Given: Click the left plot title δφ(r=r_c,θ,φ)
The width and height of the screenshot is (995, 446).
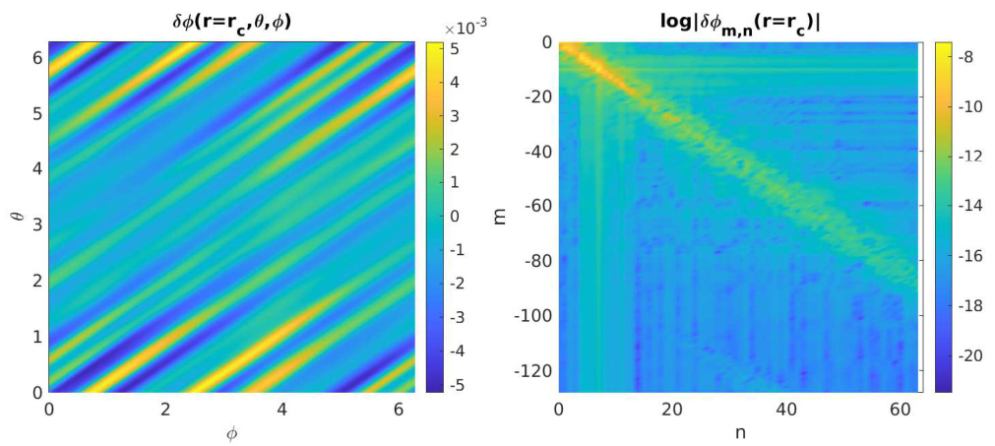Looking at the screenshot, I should [x=231, y=16].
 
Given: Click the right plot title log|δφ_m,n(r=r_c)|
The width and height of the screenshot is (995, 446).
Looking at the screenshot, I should [x=737, y=16].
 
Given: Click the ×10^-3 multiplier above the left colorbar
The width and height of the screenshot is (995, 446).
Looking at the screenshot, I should [x=454, y=30].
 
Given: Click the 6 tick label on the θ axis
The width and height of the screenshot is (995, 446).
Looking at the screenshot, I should [x=35, y=58].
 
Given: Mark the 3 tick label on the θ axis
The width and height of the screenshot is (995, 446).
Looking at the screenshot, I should [x=35, y=225].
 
